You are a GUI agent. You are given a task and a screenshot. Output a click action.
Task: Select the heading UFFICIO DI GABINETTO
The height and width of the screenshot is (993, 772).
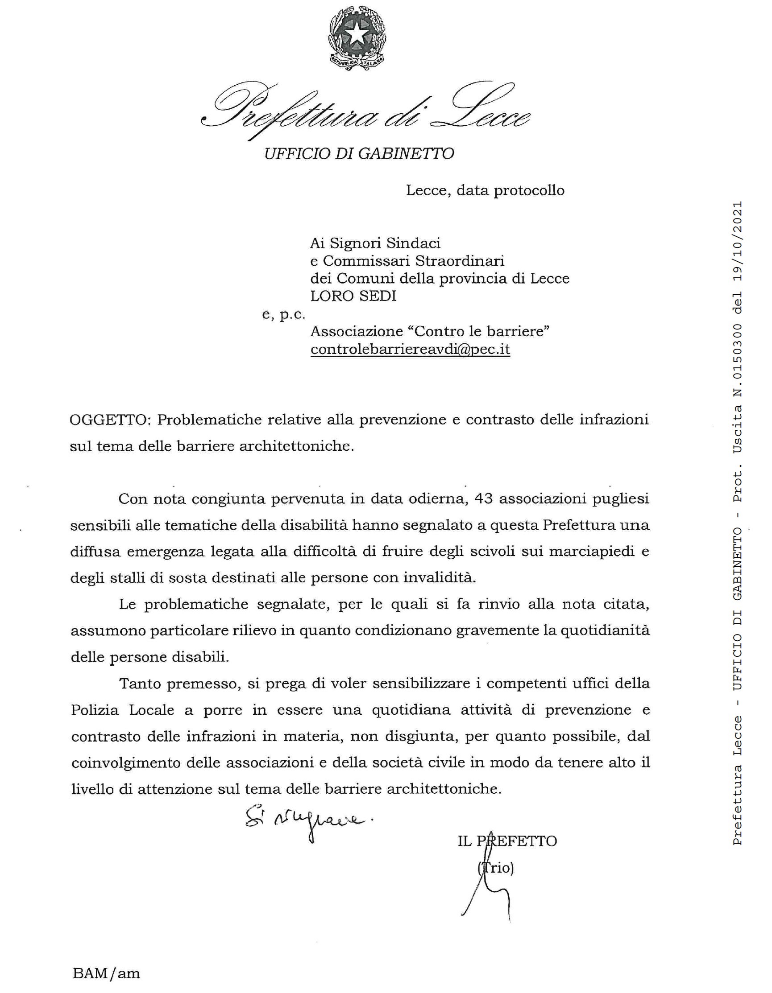[x=359, y=154]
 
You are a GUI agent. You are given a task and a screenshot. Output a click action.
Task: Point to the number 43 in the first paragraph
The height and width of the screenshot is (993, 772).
[x=485, y=499]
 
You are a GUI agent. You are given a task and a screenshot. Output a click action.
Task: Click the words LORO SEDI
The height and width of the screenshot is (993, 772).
[x=353, y=296]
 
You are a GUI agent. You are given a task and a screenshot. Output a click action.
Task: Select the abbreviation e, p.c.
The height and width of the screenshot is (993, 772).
[x=283, y=315]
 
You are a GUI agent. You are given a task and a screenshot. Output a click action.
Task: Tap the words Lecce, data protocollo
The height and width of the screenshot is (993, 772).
[x=485, y=190]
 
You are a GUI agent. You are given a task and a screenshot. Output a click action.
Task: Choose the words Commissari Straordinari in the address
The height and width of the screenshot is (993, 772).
[x=414, y=261]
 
